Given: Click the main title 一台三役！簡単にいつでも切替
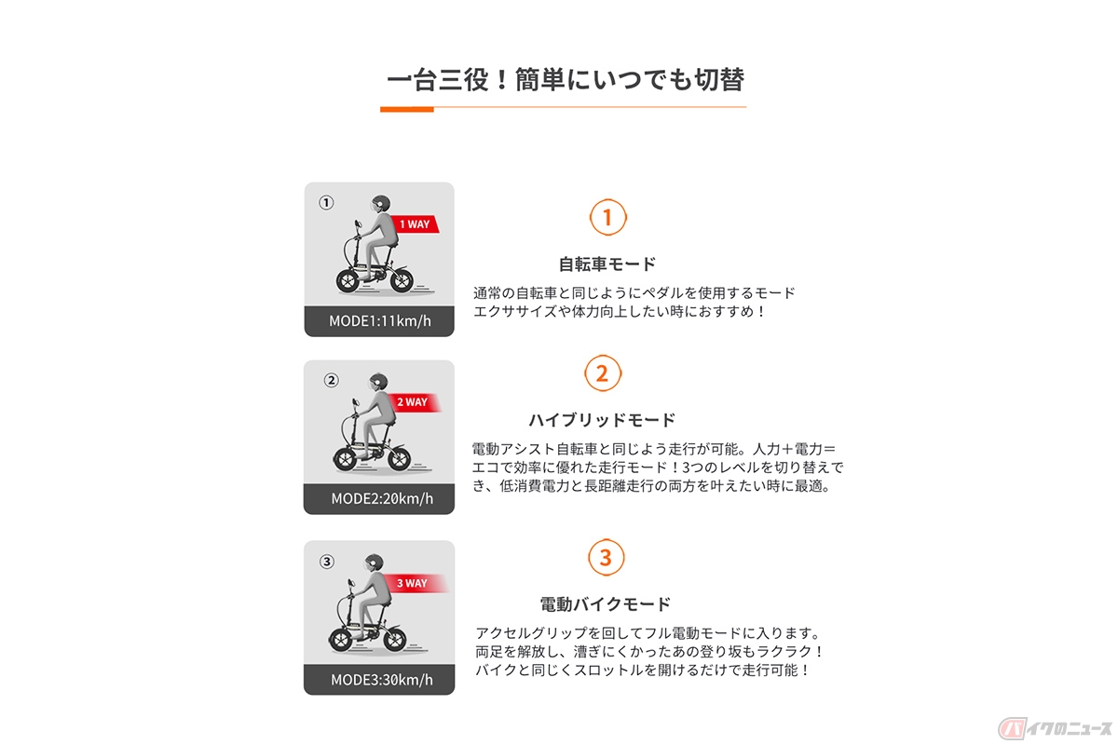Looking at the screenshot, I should click(565, 80).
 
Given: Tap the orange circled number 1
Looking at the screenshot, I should click(607, 218).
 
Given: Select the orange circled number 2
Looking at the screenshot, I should click(602, 374).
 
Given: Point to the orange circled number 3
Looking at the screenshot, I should click(606, 558).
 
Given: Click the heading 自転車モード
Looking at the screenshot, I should click(607, 264).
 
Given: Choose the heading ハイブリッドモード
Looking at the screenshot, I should click(602, 420).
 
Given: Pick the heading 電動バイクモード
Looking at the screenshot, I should click(606, 603).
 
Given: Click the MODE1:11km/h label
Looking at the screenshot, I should click(378, 321).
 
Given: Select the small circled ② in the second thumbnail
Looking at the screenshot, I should click(331, 380).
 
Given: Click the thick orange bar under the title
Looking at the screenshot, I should click(407, 109).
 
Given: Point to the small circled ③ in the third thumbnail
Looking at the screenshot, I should click(326, 562).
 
